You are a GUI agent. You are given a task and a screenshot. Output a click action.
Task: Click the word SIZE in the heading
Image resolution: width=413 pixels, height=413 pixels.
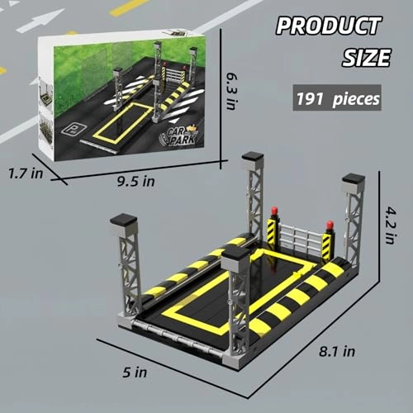[364, 59]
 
